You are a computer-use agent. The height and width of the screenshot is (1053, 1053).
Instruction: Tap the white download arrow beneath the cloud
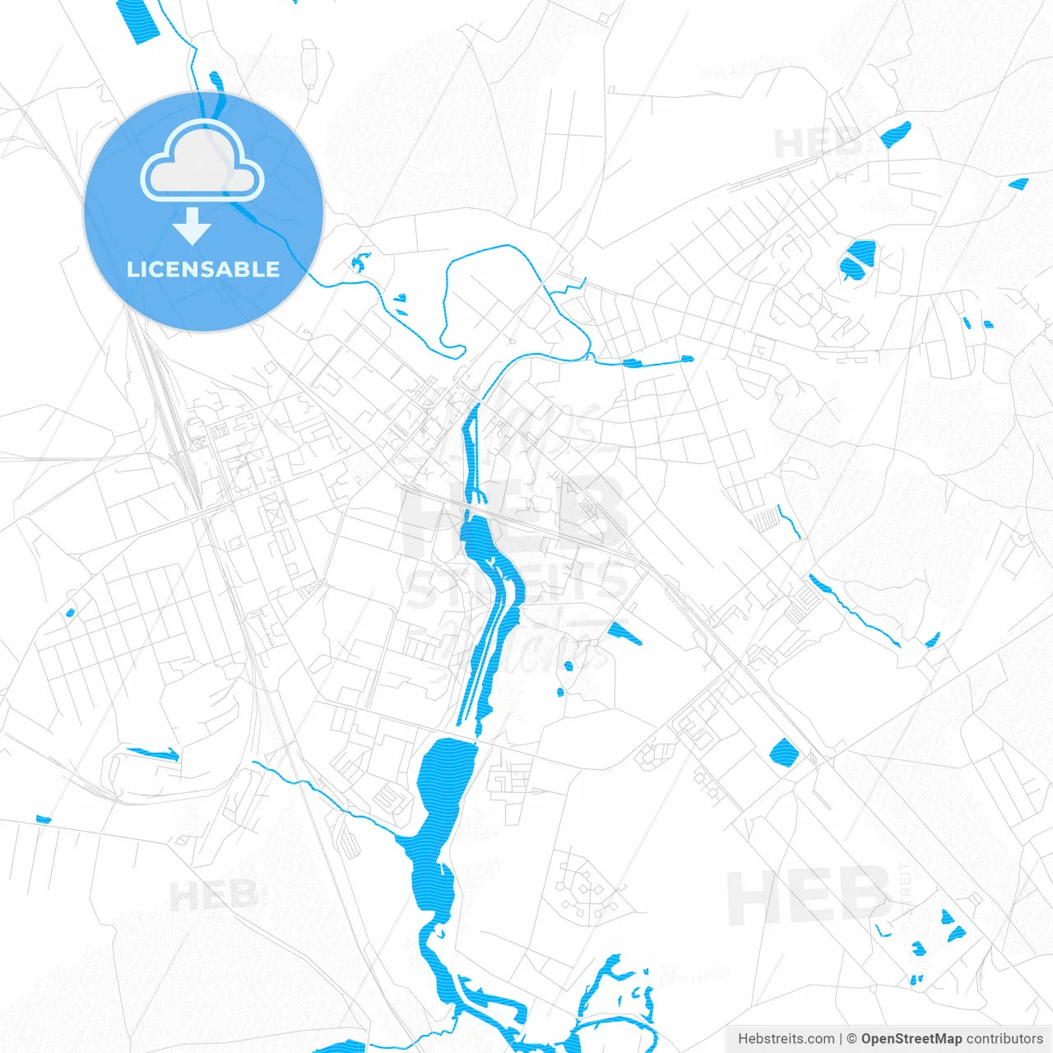(193, 226)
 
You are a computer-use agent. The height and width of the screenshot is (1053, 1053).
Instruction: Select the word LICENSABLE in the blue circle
(203, 269)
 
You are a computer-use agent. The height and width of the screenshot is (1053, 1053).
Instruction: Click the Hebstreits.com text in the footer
(786, 1039)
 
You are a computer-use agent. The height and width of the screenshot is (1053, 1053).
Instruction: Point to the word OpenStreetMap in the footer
(911, 1039)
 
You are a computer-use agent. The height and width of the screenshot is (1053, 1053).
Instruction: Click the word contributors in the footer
(1004, 1039)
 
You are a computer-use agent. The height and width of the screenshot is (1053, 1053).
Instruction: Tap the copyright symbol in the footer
(851, 1039)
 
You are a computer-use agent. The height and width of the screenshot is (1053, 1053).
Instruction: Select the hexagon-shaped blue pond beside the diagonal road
(782, 752)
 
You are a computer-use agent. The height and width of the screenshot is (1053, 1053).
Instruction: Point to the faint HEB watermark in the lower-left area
(212, 895)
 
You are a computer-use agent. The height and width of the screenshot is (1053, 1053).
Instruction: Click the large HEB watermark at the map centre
(510, 514)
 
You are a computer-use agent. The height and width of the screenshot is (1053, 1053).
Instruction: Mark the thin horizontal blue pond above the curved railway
(152, 752)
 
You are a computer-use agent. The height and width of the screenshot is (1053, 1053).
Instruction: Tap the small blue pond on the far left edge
(43, 819)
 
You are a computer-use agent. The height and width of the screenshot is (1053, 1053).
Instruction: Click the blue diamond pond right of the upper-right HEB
(895, 133)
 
